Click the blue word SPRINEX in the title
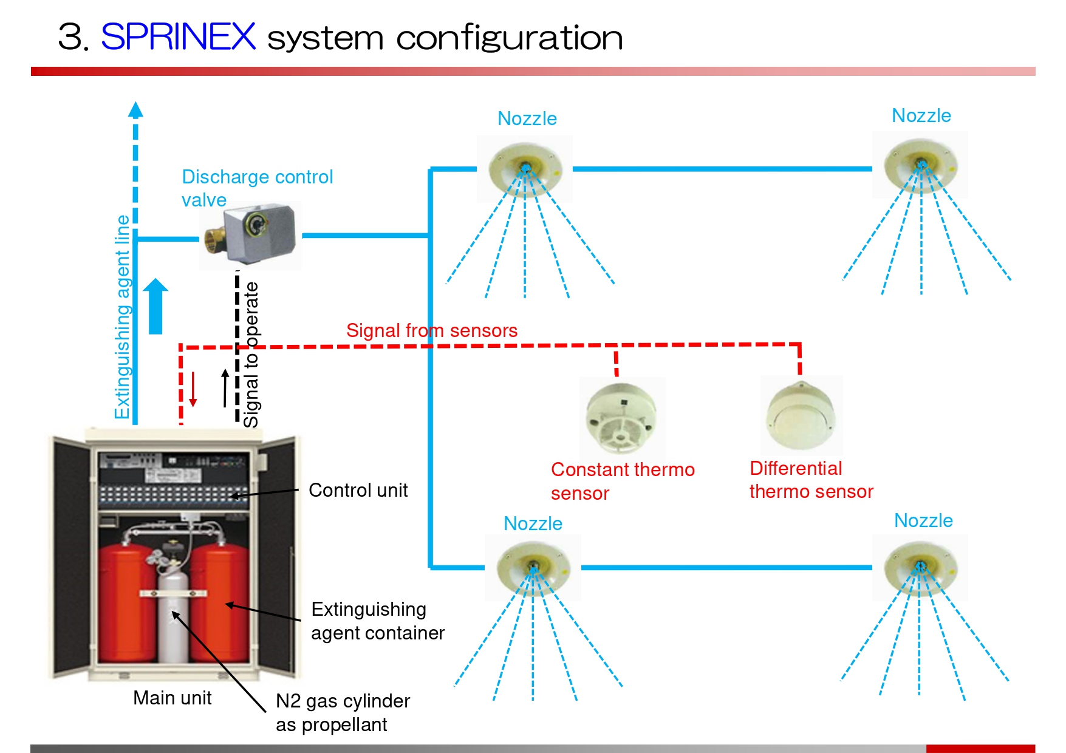pos(178,37)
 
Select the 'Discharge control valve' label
pos(257,188)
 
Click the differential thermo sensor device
pos(801,417)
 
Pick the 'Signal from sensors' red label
pos(431,330)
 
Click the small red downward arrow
pos(193,389)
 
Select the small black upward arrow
pos(225,388)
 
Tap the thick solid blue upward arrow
pos(155,306)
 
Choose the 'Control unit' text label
pos(358,490)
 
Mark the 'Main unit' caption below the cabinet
pos(172,698)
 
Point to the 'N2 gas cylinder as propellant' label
pos(343,712)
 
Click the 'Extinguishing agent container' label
pos(377,621)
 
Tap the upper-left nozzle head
pos(525,166)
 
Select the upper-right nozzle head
pos(920,165)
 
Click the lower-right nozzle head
pos(920,567)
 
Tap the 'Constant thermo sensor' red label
pos(622,481)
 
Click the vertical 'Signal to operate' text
pos(251,355)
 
